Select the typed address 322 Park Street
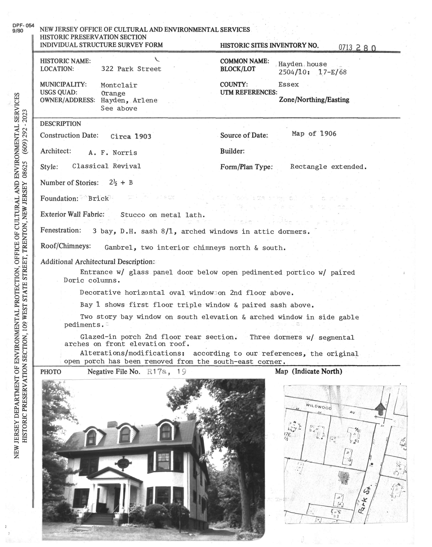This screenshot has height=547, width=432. (x=131, y=69)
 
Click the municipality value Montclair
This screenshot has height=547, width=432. (x=119, y=85)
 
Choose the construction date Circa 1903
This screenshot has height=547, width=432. (x=131, y=136)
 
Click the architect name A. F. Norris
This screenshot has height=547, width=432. (x=113, y=153)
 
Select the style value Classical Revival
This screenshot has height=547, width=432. (x=106, y=166)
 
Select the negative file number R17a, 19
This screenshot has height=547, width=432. (x=166, y=372)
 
